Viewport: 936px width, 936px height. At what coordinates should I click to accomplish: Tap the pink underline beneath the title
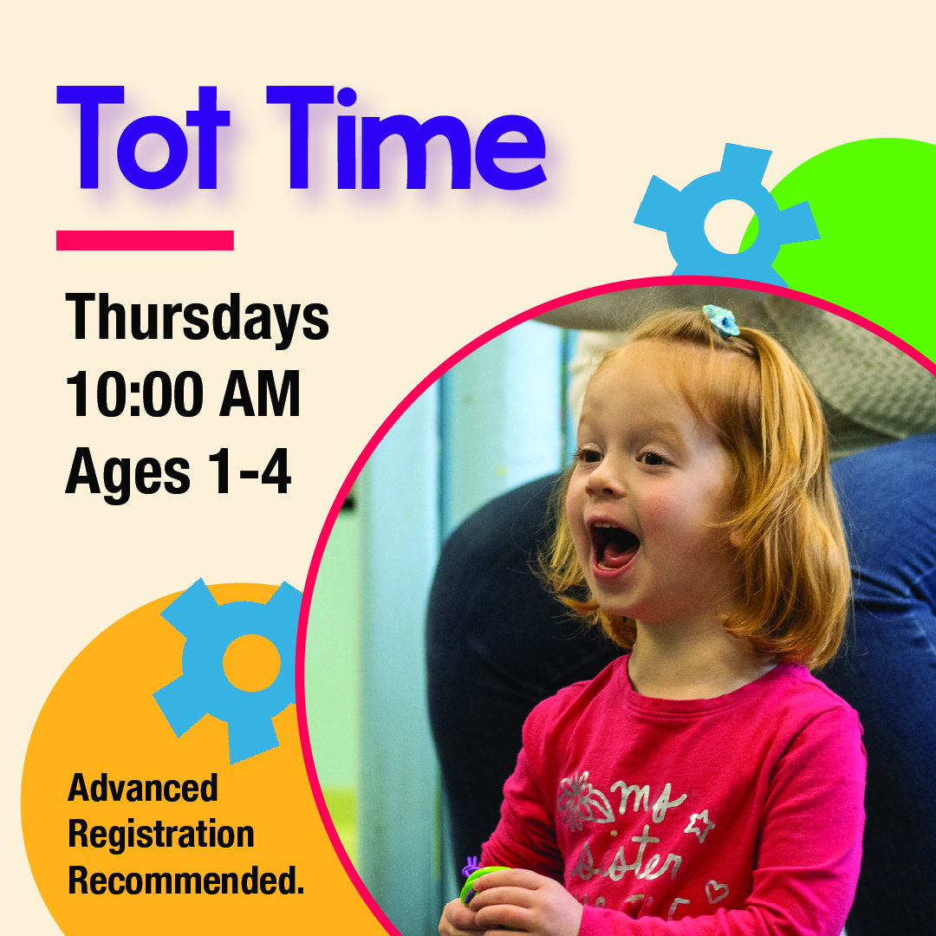point(145,240)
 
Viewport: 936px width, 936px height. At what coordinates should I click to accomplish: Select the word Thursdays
point(198,318)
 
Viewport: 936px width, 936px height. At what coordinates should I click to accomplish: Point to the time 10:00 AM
point(183,395)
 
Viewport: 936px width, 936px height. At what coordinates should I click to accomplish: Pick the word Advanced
point(143,789)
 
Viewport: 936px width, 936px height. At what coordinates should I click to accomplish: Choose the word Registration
point(161,835)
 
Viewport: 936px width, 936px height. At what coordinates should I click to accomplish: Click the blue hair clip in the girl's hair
point(720,320)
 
